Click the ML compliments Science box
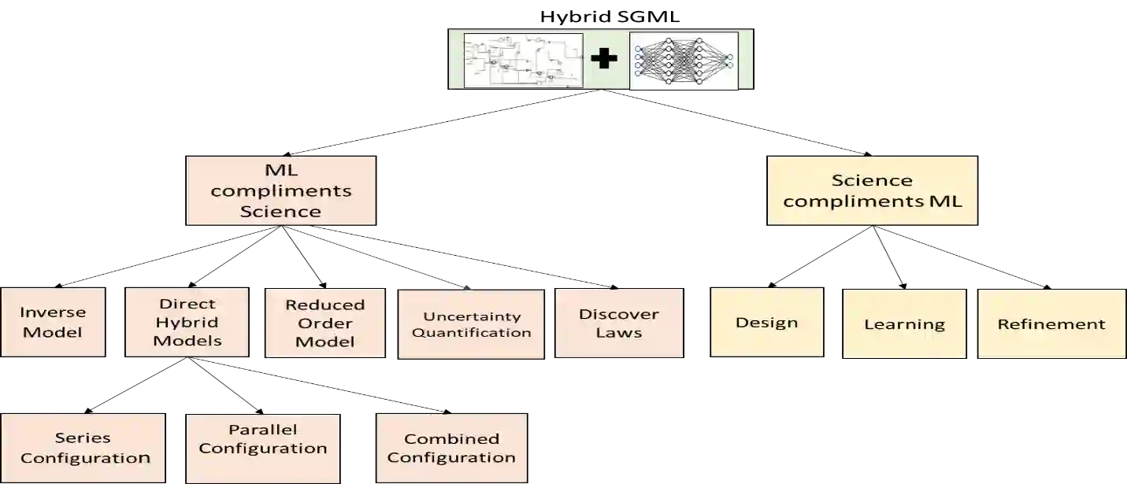point(280,190)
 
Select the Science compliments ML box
point(873,190)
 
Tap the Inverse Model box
point(53,323)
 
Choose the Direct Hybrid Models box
point(187,322)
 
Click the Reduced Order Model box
point(324,323)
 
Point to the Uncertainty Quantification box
point(471,324)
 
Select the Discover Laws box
point(618,323)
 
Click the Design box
point(766,323)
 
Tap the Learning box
point(904,323)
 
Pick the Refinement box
point(1051,323)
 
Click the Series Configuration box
point(84,448)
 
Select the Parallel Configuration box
point(262,439)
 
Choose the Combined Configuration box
point(451,448)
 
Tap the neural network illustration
point(684,60)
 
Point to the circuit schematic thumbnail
point(523,60)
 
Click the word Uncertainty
point(472,316)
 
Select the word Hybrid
point(187,322)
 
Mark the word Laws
point(618,332)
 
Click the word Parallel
point(262,430)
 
